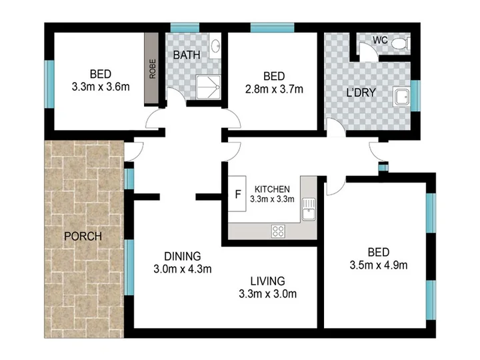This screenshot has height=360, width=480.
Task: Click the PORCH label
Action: point(83,236)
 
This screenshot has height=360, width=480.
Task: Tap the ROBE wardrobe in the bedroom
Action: point(151,69)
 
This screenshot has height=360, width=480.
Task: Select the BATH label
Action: point(187,55)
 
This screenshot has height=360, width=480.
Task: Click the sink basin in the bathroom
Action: point(215,47)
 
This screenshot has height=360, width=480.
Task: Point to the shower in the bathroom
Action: point(208,87)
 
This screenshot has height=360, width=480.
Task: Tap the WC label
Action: point(380,40)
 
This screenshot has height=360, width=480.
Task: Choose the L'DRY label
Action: point(361,93)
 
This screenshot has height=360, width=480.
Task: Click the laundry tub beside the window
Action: point(401,97)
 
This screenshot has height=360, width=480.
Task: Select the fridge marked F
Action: point(237,193)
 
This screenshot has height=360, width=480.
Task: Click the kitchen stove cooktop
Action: point(278,231)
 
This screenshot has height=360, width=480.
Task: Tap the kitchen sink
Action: point(309,209)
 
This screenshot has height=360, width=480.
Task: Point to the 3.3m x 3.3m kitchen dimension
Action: point(272,199)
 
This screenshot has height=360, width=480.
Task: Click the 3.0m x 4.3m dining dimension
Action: point(183,269)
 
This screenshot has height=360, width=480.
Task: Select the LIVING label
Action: point(267,281)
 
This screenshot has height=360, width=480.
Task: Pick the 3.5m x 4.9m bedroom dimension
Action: point(379,265)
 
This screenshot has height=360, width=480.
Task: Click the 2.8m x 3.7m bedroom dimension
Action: point(274,89)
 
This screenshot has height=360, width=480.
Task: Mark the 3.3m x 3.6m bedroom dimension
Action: point(101,87)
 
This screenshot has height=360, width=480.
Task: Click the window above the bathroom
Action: point(185,27)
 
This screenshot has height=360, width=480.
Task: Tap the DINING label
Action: point(183,256)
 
